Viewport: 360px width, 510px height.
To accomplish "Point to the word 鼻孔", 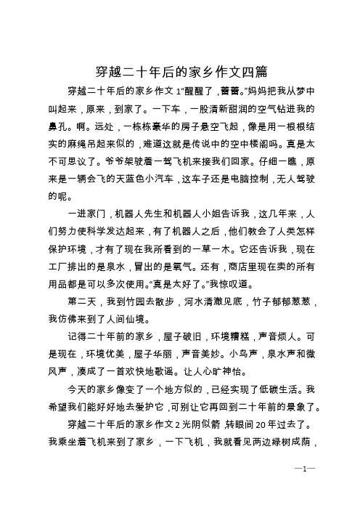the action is tap(59, 124).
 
